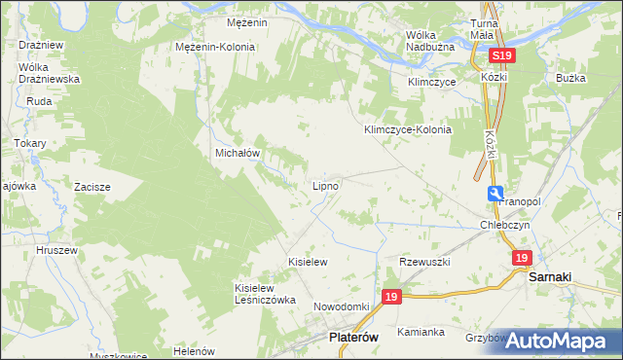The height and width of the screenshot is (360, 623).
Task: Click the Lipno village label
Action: coord(325,185)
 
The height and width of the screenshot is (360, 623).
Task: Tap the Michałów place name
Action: coord(237,154)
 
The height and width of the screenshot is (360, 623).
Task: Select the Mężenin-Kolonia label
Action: coord(215,47)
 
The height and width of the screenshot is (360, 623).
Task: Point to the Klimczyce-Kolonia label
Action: coord(408,129)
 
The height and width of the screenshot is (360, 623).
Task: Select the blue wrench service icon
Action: coord(496,194)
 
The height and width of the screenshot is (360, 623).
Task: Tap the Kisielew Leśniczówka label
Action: coord(265,294)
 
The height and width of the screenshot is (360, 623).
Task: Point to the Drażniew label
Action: coord(40,45)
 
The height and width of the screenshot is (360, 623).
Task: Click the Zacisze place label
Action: coord(92,186)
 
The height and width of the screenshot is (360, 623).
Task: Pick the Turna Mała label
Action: coord(483,28)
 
